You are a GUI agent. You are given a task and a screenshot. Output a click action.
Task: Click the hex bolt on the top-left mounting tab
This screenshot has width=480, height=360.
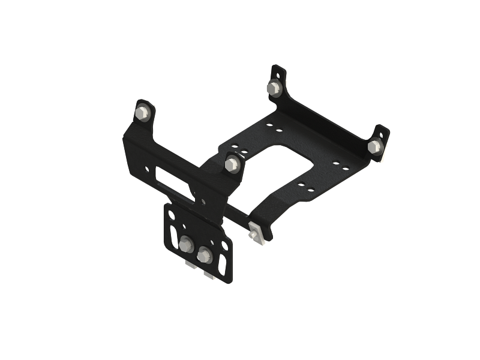pyautogui.click(x=142, y=113)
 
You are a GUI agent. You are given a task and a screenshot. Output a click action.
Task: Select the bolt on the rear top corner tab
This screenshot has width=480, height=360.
pyautogui.click(x=275, y=89)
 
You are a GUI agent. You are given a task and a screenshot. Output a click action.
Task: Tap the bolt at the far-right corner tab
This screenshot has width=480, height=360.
pyautogui.click(x=374, y=146)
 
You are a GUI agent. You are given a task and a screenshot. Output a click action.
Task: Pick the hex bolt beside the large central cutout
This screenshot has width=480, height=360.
pyautogui.click(x=232, y=163)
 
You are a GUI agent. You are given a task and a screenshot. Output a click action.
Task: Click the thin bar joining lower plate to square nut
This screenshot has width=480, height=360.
pyautogui.click(x=237, y=216)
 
